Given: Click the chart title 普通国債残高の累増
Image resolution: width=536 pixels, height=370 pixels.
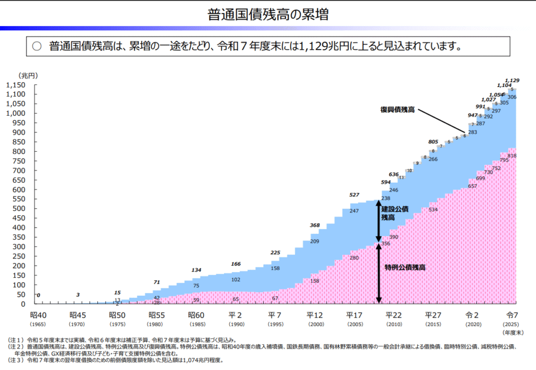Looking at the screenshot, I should (268, 14).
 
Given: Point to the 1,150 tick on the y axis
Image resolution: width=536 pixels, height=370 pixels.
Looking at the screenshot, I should (15, 85).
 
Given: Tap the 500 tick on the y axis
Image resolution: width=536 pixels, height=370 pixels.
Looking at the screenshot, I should (19, 209).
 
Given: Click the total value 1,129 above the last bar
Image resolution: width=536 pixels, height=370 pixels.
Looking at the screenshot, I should (512, 80).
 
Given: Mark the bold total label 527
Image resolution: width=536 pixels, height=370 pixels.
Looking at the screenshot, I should (354, 195).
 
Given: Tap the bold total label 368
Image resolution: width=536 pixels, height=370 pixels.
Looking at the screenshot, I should (314, 226).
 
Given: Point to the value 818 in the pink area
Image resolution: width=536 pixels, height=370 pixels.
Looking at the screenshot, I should (511, 156).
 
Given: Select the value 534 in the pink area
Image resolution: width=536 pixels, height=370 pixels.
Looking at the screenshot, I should (433, 210).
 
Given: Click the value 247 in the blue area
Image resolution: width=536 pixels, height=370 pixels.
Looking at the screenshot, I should (354, 211).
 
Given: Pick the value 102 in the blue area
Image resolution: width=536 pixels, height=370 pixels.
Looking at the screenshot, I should (236, 279).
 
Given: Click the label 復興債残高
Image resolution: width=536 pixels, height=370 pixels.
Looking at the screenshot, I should (397, 110).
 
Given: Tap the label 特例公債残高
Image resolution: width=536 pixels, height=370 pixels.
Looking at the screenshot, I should (405, 267).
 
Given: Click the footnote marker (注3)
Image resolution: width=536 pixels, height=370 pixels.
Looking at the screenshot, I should (18, 360).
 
